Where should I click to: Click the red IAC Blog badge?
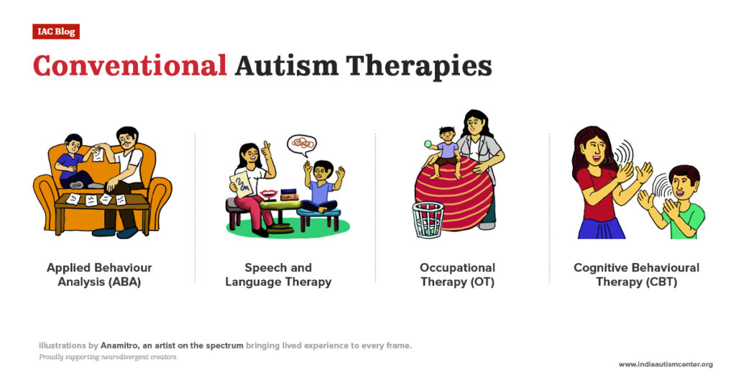pyautogui.click(x=55, y=32)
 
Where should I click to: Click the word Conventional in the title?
pyautogui.click(x=129, y=66)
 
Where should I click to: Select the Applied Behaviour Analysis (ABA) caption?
pyautogui.click(x=99, y=275)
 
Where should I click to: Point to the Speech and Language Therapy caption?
pyautogui.click(x=278, y=275)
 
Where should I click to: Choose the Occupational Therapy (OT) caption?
pyautogui.click(x=457, y=275)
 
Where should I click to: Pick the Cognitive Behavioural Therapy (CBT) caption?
pyautogui.click(x=636, y=275)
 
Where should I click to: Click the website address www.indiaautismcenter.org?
pyautogui.click(x=666, y=364)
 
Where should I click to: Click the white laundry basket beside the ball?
pyautogui.click(x=428, y=220)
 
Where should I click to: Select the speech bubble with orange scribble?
pyautogui.click(x=302, y=144)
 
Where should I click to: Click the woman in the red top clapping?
pyautogui.click(x=602, y=183)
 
